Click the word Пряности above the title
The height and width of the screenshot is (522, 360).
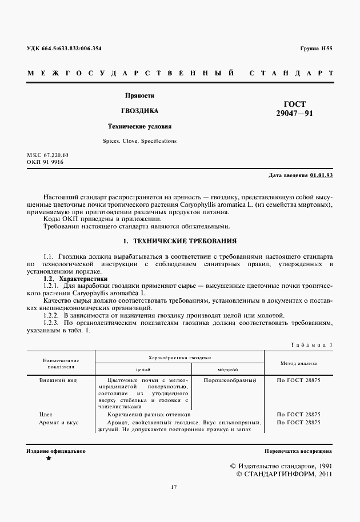pos(140,95)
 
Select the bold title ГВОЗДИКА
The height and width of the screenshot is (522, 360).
pos(139,111)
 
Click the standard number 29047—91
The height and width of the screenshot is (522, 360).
pos(295,114)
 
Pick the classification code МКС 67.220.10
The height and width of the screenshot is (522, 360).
pos(47,155)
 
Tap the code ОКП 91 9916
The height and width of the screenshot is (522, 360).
pos(45,162)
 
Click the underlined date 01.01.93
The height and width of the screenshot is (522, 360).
pos(322,175)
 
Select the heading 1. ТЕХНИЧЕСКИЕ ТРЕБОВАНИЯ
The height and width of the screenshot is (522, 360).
pos(180,241)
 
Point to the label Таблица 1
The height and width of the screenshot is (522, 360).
pos(311,345)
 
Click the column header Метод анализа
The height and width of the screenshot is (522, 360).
pos(298,362)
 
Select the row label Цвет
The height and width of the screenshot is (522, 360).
pos(46,414)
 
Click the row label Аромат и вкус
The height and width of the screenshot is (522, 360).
pos(59,422)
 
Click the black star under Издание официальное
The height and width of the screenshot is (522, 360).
pos(48,459)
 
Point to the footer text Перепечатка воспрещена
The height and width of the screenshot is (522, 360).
pos(298,451)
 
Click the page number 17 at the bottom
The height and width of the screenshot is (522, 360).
pos(174,487)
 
